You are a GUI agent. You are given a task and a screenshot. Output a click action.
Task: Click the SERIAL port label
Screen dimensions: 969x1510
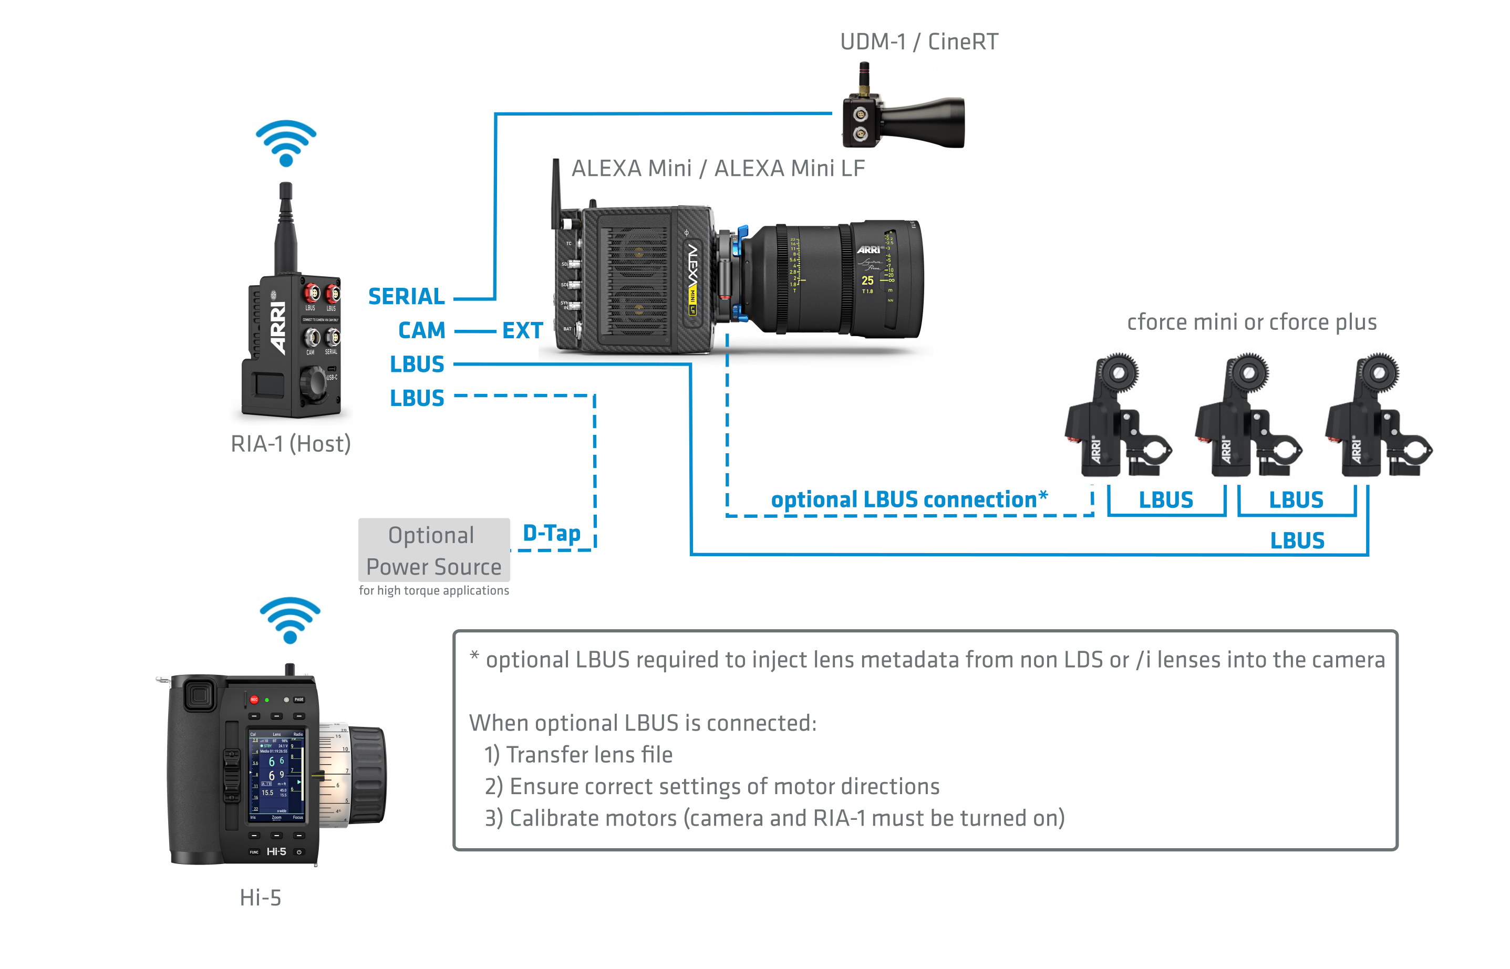coord(406,296)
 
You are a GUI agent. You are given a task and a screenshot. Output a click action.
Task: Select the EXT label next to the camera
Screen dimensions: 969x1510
coord(522,331)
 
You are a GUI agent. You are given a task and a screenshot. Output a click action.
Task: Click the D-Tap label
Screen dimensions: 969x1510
coord(551,533)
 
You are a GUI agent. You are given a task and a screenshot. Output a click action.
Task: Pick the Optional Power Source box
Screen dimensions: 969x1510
coord(433,550)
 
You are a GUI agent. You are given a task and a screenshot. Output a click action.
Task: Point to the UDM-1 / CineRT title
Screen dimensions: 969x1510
coord(918,42)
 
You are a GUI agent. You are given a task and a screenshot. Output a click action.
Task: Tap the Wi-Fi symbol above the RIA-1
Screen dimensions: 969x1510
coord(286,143)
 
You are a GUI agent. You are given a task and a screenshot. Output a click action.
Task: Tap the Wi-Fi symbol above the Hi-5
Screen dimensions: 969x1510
coord(290,620)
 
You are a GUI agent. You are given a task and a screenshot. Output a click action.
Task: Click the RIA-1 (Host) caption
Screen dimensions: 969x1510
coord(291,444)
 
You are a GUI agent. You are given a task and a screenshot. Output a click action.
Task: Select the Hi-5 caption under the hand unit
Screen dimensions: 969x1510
coord(260,897)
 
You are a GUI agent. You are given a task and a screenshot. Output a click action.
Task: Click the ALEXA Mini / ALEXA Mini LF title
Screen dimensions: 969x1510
coord(718,169)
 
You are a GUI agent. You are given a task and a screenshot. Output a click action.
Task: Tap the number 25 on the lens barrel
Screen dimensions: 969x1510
coord(867,280)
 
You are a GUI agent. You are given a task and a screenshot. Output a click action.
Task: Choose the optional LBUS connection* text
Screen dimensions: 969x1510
coord(909,499)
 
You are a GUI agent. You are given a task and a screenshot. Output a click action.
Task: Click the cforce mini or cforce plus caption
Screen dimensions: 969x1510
coord(1252,322)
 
